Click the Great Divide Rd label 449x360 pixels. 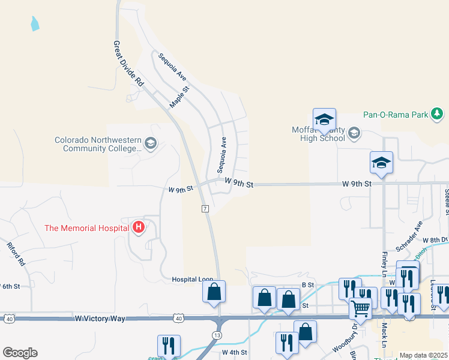tap(129, 64)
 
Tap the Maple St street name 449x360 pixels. tap(179, 97)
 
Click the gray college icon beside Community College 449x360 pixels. tap(150, 143)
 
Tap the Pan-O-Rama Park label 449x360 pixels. tap(395, 114)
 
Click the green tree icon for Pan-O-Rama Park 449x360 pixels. tap(438, 113)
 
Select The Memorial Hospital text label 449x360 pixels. tap(87, 227)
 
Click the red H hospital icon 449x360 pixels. tap(139, 227)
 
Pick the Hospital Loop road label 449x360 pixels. tap(193, 280)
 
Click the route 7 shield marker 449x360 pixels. tap(205, 208)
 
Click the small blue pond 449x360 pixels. tap(34, 24)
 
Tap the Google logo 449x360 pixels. tap(20, 352)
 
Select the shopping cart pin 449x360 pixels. tap(360, 309)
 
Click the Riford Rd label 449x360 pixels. tap(16, 254)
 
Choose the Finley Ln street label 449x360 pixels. tap(384, 260)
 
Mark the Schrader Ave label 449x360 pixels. tap(409, 235)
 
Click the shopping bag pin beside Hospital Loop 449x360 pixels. tap(214, 292)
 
